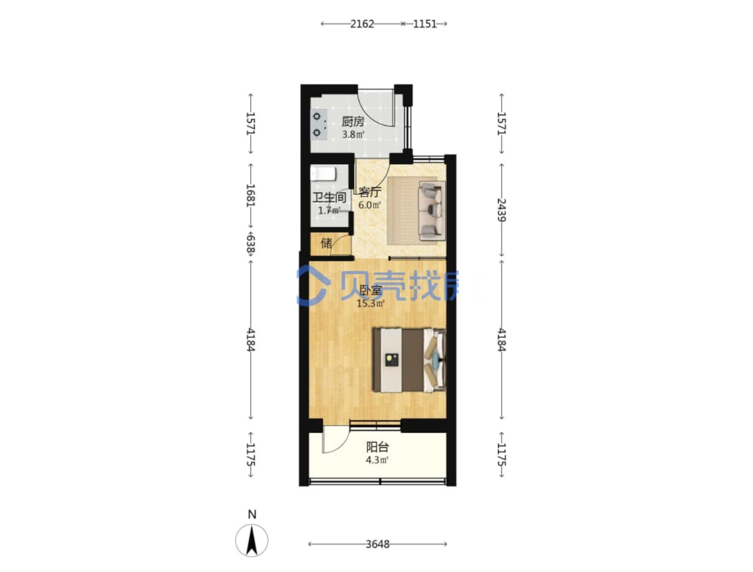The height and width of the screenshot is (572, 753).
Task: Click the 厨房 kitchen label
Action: click(x=353, y=122)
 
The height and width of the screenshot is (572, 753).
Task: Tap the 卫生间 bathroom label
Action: click(x=329, y=198)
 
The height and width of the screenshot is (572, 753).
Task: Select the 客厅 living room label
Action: click(x=369, y=192)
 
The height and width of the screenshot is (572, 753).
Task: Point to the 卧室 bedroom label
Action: click(x=371, y=290)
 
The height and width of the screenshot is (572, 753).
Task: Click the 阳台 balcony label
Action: click(x=377, y=447)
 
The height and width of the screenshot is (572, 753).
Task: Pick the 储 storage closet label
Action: click(x=326, y=243)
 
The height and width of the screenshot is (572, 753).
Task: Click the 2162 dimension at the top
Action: click(x=362, y=24)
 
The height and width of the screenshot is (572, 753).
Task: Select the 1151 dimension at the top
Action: click(x=425, y=24)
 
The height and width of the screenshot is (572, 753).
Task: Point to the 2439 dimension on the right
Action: click(x=502, y=210)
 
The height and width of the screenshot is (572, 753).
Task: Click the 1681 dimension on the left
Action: click(x=251, y=195)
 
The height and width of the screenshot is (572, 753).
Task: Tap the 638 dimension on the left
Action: click(x=251, y=244)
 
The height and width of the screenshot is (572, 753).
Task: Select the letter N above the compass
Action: click(x=252, y=515)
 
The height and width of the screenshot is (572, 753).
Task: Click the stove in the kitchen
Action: click(x=319, y=125)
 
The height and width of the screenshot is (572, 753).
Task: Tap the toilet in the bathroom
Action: click(x=323, y=174)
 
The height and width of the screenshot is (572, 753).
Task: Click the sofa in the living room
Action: click(x=431, y=210)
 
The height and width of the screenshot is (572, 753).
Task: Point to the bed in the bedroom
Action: click(x=410, y=360)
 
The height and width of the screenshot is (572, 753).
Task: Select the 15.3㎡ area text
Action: click(x=371, y=303)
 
